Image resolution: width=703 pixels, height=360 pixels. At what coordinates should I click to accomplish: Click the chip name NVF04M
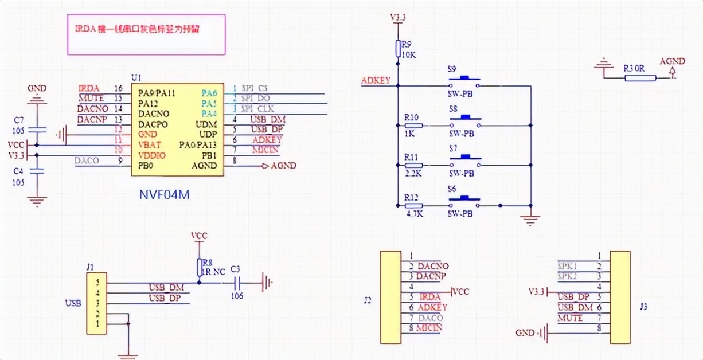coord(165,195)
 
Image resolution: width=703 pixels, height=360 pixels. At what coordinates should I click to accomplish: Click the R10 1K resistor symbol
coord(413,125)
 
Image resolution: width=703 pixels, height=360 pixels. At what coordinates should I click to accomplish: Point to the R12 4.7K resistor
coord(413,205)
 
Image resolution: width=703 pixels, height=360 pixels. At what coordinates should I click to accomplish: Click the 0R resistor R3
coord(640,77)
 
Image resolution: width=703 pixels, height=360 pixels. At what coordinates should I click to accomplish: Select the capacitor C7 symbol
coord(37,131)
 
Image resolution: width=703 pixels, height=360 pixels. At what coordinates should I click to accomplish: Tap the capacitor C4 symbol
coord(37,170)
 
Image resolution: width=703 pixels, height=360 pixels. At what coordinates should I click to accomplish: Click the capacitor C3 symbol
coord(236,281)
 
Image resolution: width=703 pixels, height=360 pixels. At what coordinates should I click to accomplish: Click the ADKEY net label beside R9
coord(376,81)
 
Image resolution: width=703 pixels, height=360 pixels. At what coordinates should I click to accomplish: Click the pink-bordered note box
coord(146,34)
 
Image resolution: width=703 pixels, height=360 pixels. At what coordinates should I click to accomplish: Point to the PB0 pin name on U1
coord(146,166)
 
